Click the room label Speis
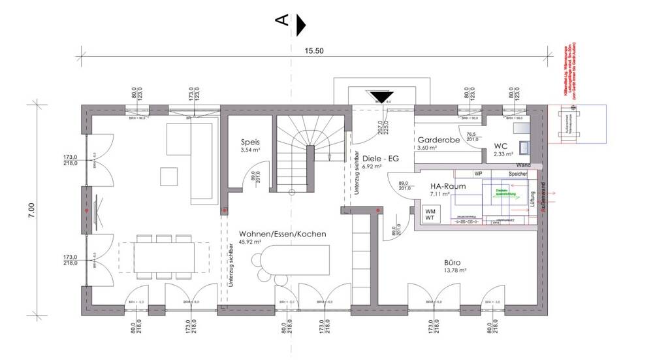[x=250, y=141]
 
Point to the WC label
[x=501, y=146]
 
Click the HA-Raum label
[x=448, y=186]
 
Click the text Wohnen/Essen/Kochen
[x=282, y=234]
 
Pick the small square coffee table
[x=168, y=175]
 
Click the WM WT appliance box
[x=431, y=215]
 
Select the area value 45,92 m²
[x=250, y=242]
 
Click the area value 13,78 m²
[x=454, y=269]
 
